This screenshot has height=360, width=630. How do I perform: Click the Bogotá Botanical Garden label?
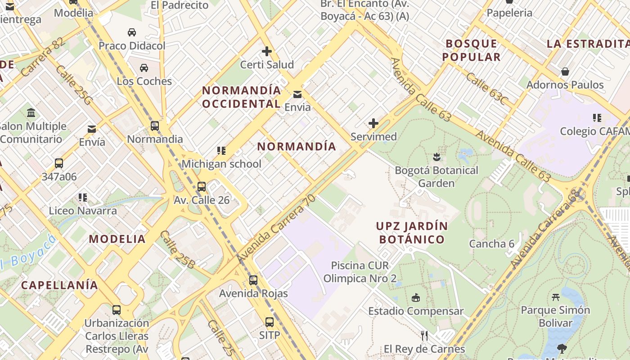[x=436, y=177]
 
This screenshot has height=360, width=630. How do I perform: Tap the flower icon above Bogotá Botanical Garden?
[x=436, y=157]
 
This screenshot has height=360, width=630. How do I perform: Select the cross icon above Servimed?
[x=373, y=123]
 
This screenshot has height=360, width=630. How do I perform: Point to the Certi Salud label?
[x=267, y=65]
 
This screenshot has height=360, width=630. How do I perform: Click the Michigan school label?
[x=221, y=164]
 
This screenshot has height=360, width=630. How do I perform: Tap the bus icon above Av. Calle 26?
[x=202, y=187]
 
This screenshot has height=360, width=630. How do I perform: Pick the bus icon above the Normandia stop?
[x=155, y=126]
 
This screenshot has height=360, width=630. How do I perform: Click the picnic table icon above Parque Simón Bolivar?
[x=555, y=297]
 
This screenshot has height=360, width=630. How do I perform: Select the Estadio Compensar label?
[x=416, y=311]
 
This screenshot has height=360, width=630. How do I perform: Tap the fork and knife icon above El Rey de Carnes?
[x=424, y=336]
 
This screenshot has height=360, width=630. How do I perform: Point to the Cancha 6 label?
[x=491, y=244]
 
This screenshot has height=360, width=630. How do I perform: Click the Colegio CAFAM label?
[x=594, y=131]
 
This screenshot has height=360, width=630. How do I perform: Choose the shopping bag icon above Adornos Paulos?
[x=565, y=72]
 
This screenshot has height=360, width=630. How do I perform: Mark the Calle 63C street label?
[x=486, y=89]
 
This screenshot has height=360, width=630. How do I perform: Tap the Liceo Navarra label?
[x=83, y=211]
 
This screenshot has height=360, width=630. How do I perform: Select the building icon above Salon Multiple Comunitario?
[x=31, y=112]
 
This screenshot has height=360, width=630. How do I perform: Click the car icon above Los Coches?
[x=144, y=68]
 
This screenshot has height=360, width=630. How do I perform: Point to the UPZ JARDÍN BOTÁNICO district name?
[x=412, y=233]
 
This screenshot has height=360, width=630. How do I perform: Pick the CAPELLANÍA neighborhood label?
[x=59, y=285]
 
